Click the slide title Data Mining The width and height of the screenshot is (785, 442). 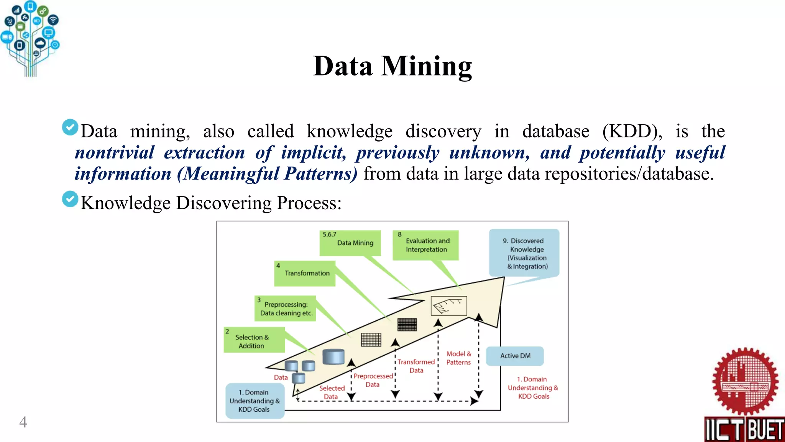(392, 66)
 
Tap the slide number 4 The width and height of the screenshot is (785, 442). (23, 422)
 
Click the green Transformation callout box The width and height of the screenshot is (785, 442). (305, 273)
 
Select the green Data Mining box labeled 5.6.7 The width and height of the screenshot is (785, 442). (350, 243)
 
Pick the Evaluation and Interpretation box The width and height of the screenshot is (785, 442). (426, 245)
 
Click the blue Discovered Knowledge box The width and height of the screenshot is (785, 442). (524, 253)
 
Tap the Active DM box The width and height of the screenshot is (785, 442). (515, 356)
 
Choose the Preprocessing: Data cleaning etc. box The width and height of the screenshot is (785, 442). (285, 308)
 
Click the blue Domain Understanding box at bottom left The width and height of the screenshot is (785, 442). (255, 401)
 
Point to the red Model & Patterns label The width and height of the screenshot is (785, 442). (458, 358)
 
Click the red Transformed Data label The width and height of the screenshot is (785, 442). (416, 366)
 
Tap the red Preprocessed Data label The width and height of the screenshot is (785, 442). (373, 380)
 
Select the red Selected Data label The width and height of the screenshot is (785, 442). (332, 392)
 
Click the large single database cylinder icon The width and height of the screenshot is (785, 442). (333, 356)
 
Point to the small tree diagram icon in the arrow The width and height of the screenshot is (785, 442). (449, 306)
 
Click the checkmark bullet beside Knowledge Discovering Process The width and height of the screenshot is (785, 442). (70, 199)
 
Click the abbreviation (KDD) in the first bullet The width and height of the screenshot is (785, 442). (632, 131)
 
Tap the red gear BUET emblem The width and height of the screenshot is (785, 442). (745, 381)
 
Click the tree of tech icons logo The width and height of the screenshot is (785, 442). (30, 38)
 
